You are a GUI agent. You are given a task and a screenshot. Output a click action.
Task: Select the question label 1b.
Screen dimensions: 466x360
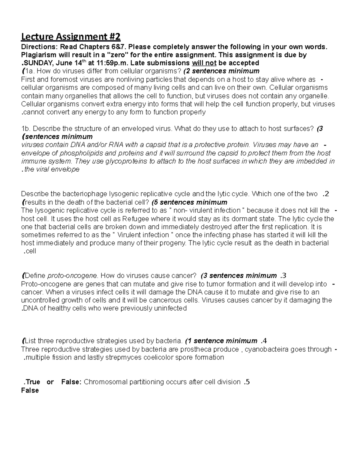pos(25,129)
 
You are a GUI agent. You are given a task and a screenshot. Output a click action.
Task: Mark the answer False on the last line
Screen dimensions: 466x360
pos(30,390)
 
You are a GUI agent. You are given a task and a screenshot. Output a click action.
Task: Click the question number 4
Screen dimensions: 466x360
pos(264,341)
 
